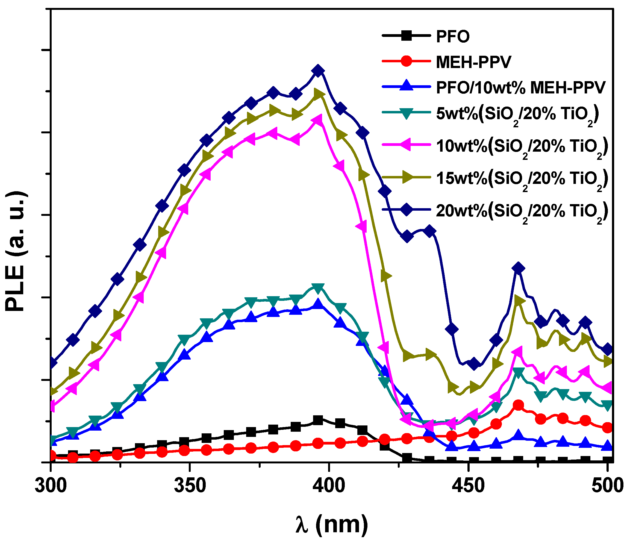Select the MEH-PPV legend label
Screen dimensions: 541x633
pyautogui.click(x=473, y=62)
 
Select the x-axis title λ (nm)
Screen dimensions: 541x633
pyautogui.click(x=331, y=525)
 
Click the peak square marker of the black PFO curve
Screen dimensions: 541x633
pyautogui.click(x=318, y=420)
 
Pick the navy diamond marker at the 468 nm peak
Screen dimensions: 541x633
pyautogui.click(x=519, y=268)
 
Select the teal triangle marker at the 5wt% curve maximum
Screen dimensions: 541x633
pyautogui.click(x=318, y=288)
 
